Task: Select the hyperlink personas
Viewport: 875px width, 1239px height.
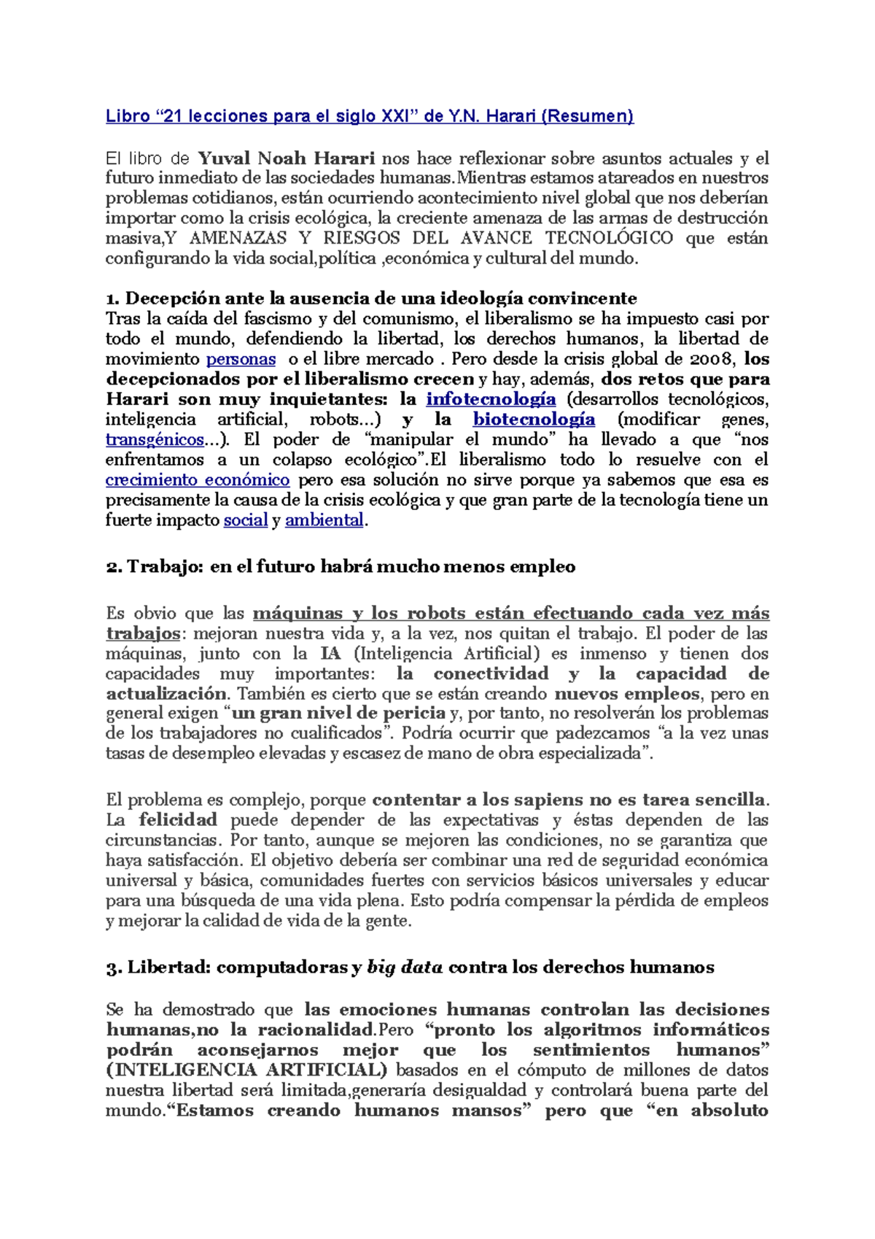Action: coord(241,359)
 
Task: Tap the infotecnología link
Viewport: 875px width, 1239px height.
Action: coord(491,399)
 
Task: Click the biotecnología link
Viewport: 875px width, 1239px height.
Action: coord(534,420)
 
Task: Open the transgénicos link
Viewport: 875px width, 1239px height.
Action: coord(155,440)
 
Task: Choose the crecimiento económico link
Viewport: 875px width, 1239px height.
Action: coord(198,480)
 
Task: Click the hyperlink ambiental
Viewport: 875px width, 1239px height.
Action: coord(324,520)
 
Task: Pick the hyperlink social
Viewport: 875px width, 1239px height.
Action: coord(245,520)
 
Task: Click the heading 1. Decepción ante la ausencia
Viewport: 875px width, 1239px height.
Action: coord(371,298)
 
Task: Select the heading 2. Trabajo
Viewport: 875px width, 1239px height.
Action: coord(341,567)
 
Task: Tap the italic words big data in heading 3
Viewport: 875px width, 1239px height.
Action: coord(405,968)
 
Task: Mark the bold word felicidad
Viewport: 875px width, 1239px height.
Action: coord(178,820)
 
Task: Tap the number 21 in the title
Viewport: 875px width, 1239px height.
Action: coord(173,116)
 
